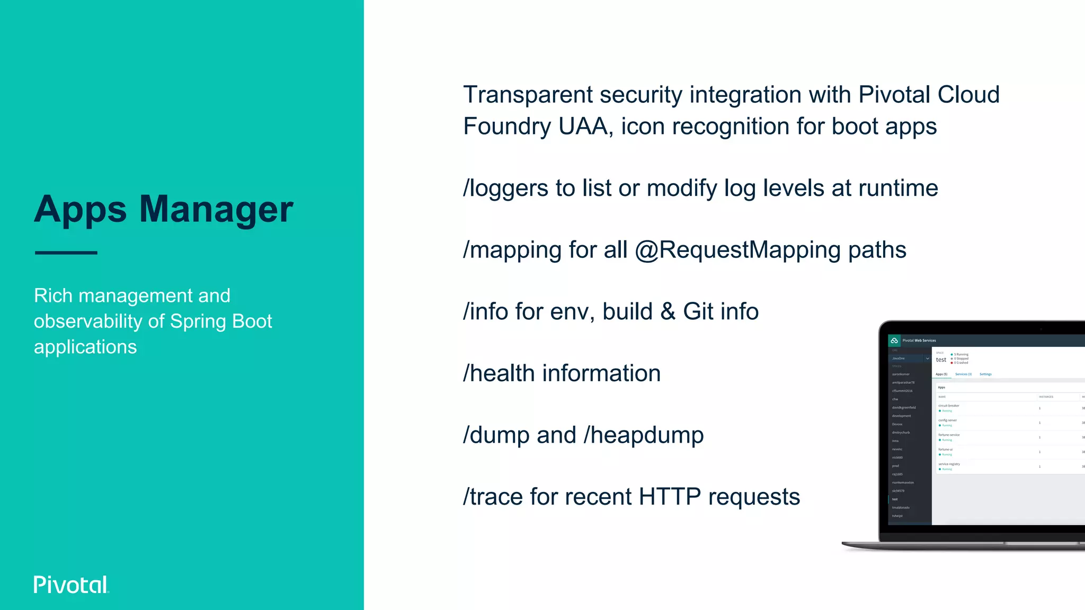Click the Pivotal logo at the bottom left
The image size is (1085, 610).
(x=71, y=585)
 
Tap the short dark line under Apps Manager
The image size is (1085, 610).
(x=66, y=253)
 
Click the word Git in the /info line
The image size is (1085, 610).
(x=698, y=311)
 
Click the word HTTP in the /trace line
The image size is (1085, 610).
(x=670, y=497)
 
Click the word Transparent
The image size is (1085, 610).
(x=527, y=95)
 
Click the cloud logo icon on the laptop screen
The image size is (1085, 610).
(x=894, y=340)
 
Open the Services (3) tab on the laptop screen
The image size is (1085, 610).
(x=963, y=374)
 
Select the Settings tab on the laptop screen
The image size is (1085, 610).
(x=985, y=374)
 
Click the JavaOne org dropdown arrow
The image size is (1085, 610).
(x=927, y=358)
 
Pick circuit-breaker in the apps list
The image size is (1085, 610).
(x=949, y=406)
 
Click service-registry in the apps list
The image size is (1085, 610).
(x=949, y=464)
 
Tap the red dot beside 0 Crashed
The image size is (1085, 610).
(x=952, y=363)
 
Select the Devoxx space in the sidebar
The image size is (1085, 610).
(x=897, y=424)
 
